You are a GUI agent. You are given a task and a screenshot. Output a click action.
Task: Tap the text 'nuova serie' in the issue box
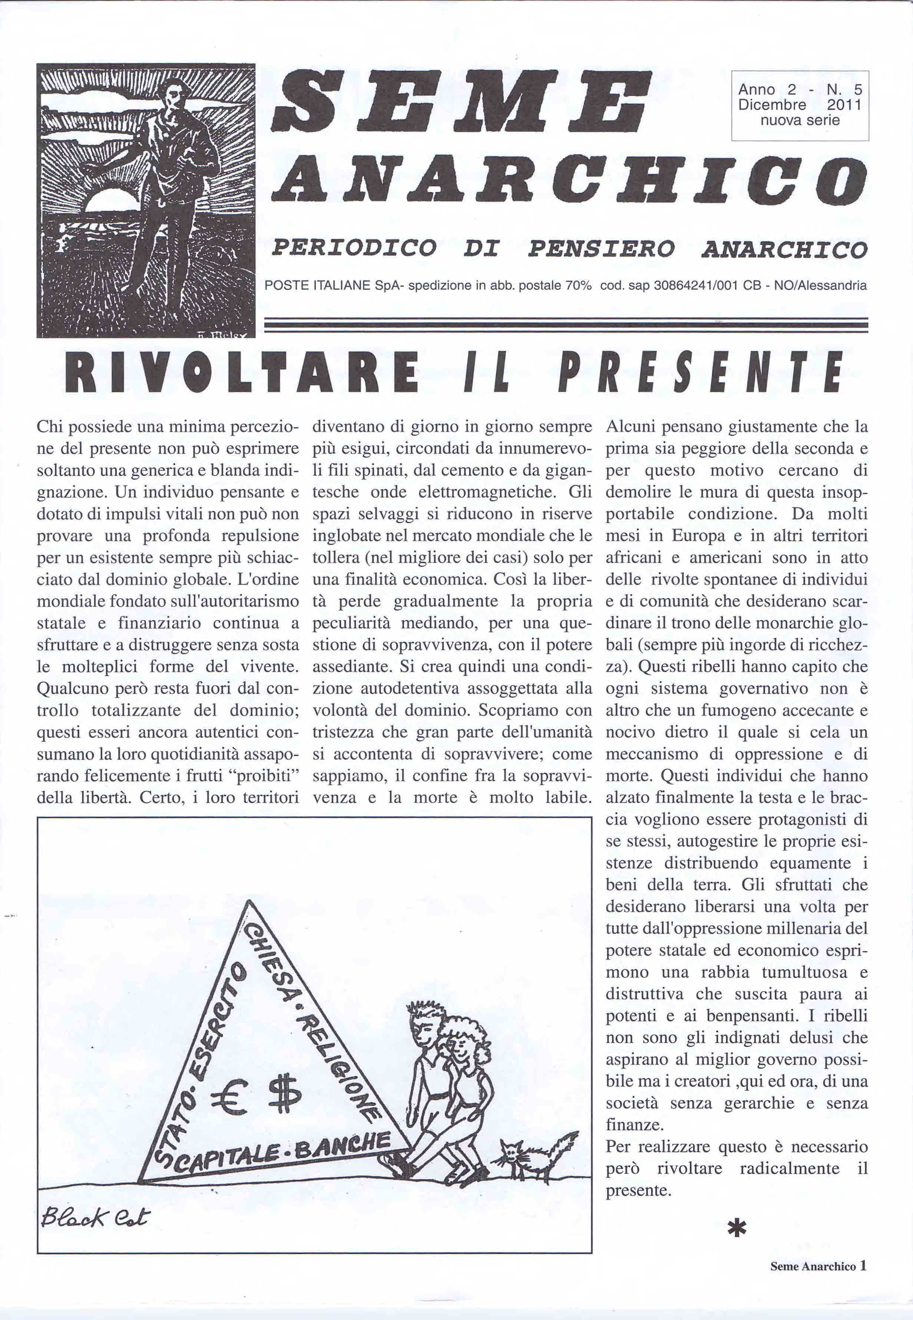coord(800,120)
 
